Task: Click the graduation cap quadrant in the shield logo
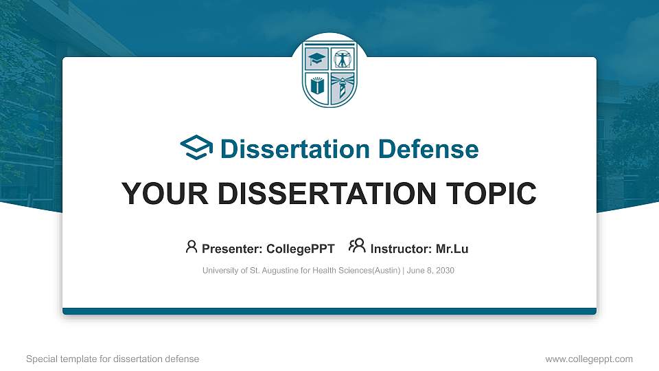coord(317,59)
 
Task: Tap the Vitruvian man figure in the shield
coord(342,59)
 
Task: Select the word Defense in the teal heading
coord(429,149)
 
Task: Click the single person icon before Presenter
coord(192,247)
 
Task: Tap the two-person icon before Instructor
coord(357,247)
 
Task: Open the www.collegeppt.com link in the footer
coord(588,359)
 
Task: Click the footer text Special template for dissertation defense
coord(113,359)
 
